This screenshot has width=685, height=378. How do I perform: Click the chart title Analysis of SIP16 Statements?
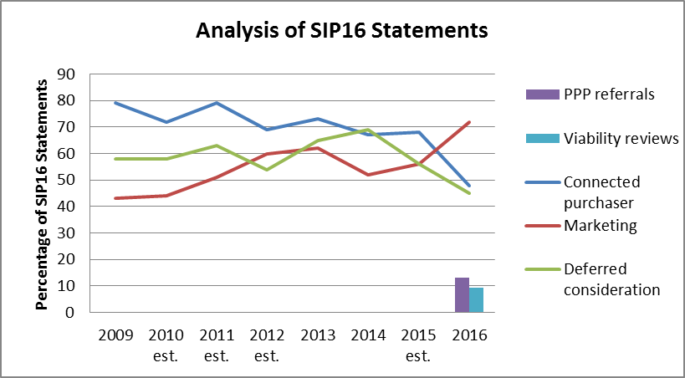pos(341,32)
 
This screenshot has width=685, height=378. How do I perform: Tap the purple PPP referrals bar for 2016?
pos(462,295)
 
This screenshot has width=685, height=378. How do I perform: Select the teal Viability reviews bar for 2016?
pos(476,300)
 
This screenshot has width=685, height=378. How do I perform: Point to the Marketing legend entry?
pos(600,226)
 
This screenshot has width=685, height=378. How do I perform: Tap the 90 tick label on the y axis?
pos(65,74)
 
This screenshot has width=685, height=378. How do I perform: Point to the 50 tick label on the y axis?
pos(65,180)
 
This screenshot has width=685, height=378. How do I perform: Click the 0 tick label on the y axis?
pos(70,312)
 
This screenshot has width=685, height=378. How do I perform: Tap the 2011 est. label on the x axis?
pos(216,345)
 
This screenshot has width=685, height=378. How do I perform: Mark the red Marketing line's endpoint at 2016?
pos(468,122)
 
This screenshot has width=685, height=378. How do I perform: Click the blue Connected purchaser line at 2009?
pos(115,103)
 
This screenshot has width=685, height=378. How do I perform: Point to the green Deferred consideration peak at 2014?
pos(367,130)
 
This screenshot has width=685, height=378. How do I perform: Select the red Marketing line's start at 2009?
pos(115,198)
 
